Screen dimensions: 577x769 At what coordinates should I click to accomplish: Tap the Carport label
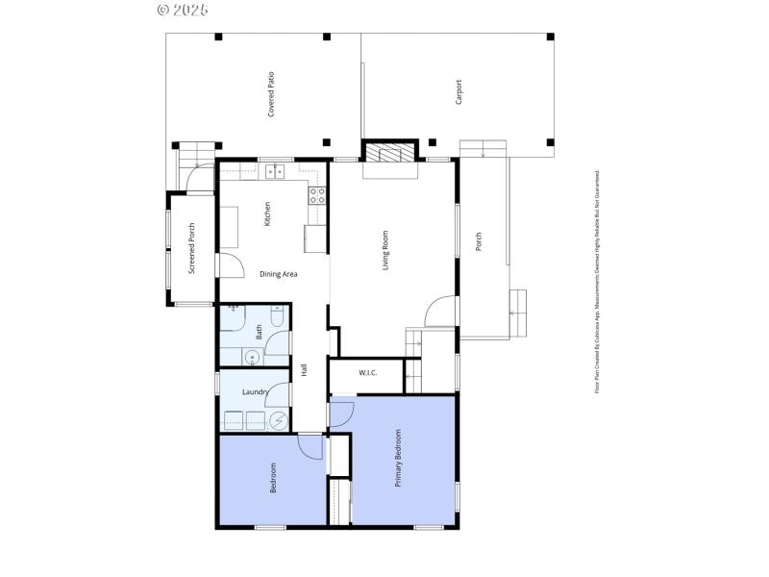pos(459,91)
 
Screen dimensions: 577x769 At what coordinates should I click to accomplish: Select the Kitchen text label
pos(267,213)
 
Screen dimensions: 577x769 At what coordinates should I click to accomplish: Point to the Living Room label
pos(385,250)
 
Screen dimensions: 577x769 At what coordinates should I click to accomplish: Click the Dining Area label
pos(279,274)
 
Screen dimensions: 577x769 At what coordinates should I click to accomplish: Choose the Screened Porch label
pos(192,248)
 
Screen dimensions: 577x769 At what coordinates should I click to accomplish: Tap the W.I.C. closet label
pos(367,373)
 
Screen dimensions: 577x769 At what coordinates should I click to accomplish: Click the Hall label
pos(304,369)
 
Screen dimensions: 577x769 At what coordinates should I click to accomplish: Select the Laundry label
pos(255,391)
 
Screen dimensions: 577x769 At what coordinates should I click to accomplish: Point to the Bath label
pos(259,333)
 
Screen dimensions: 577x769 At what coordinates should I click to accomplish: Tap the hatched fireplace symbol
pos(390,152)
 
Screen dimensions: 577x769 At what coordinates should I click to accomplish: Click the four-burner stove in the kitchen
pos(316,195)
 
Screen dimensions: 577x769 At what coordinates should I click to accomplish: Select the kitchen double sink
pos(277,171)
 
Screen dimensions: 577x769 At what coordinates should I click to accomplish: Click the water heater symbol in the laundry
pos(279,420)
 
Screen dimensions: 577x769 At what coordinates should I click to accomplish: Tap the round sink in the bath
pos(253,356)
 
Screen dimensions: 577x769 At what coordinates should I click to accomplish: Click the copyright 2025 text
pos(182,10)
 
